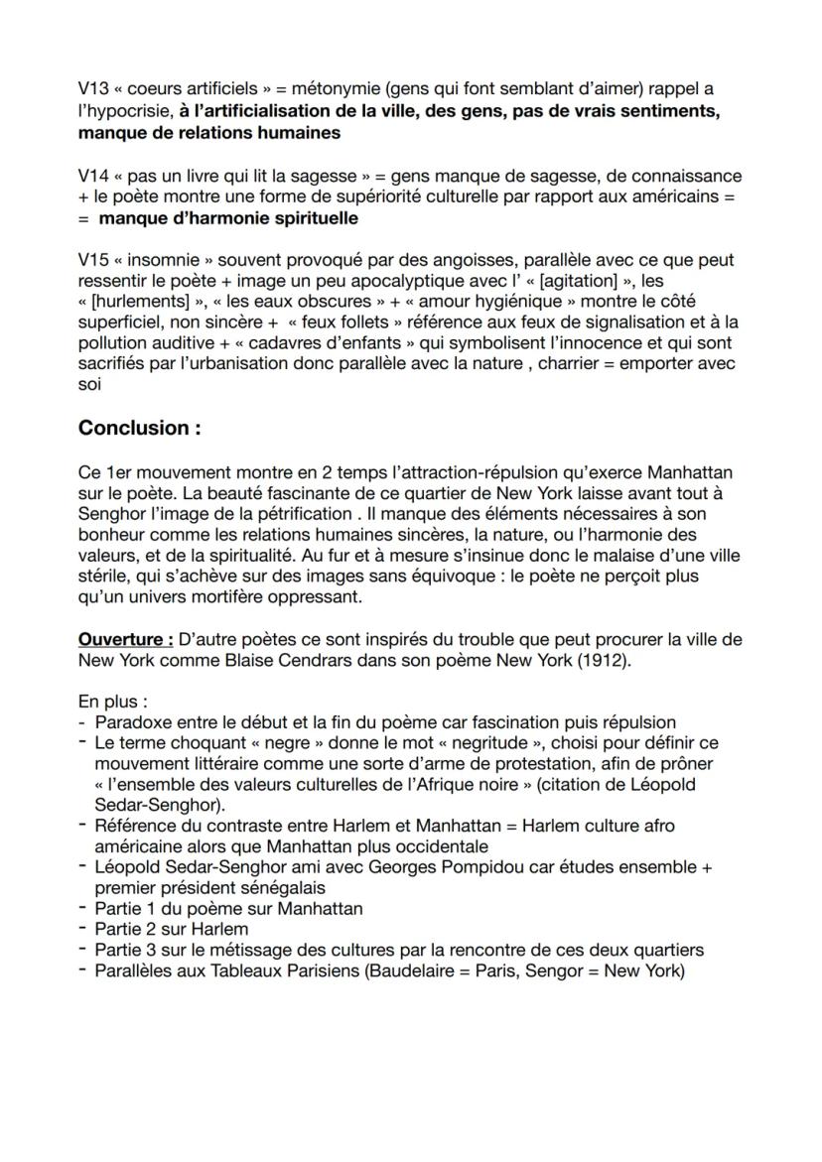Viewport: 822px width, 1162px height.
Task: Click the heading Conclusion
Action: (x=133, y=428)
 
